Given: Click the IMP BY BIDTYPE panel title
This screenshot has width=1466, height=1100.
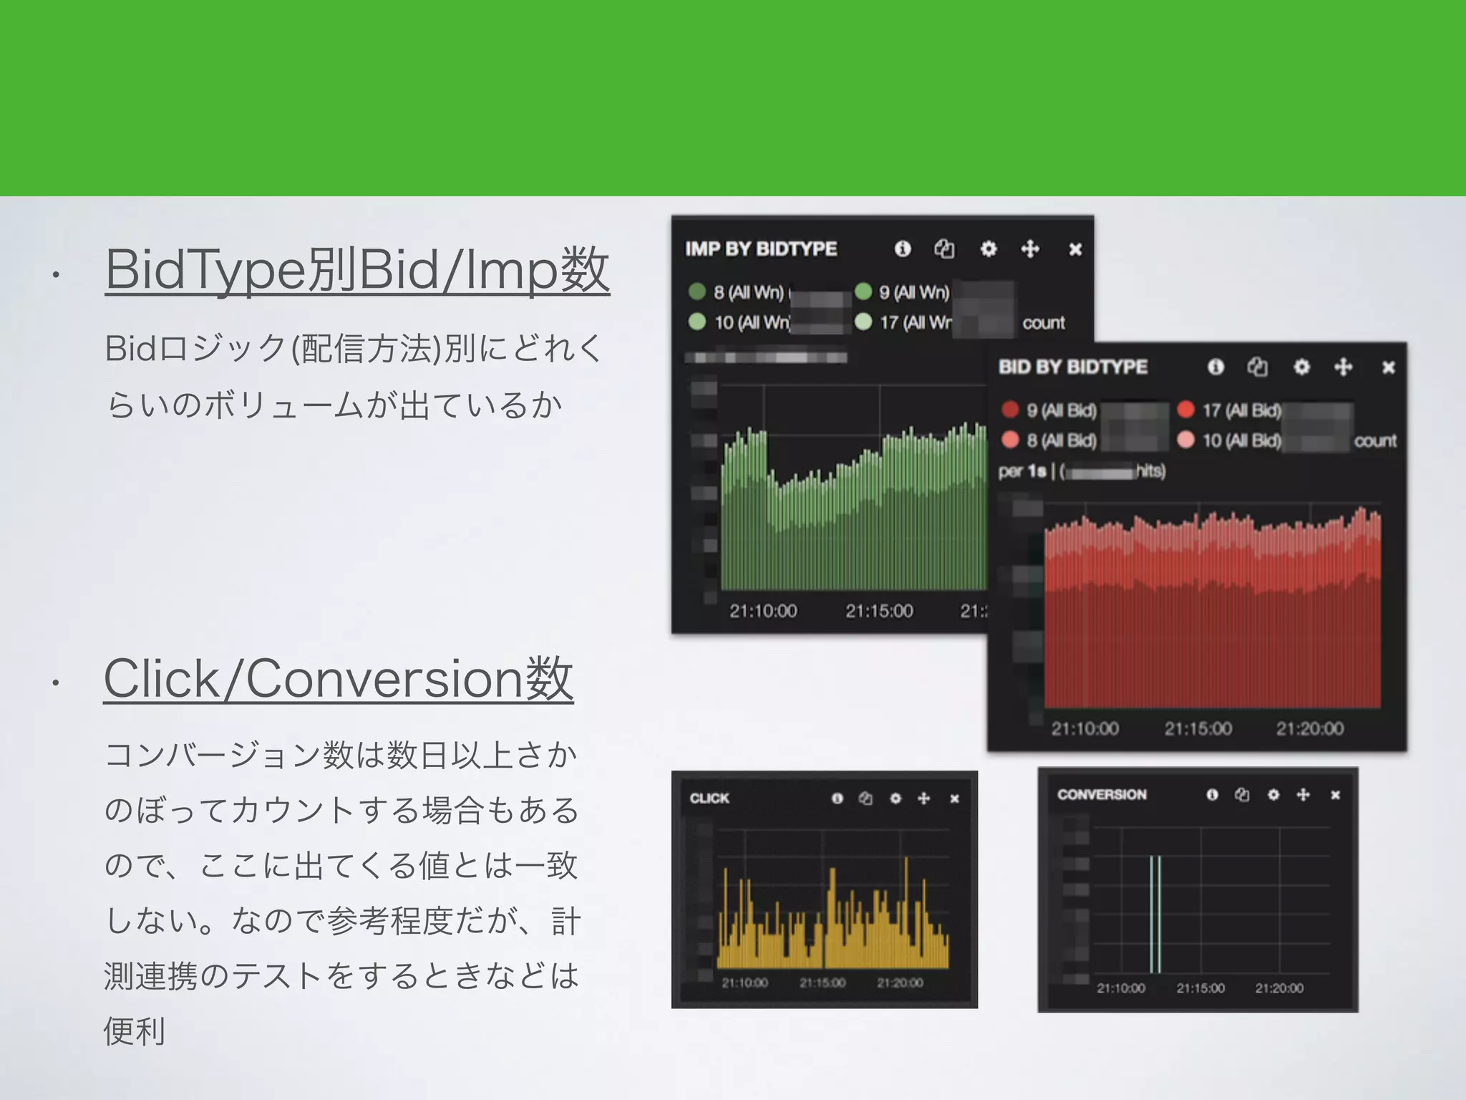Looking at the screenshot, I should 761,249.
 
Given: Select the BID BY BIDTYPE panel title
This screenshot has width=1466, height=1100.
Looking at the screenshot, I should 1073,367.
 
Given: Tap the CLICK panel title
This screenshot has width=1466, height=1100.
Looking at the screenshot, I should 709,798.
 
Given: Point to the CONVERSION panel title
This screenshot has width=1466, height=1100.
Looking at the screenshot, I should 1102,794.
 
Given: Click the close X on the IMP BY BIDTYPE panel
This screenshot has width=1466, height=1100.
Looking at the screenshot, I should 1075,249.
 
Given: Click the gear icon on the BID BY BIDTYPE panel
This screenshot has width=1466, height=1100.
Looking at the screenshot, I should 1301,367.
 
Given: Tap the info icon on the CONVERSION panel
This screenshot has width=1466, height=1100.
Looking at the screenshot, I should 1212,794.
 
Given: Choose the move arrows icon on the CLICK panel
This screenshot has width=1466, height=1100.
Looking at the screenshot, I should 924,798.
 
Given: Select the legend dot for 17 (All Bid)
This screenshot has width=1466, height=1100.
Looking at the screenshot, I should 1186,410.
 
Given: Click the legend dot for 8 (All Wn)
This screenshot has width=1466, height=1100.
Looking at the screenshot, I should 697,291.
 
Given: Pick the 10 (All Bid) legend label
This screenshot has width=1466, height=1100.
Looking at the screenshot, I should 1242,440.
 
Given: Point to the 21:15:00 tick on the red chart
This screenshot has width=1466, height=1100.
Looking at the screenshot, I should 1198,728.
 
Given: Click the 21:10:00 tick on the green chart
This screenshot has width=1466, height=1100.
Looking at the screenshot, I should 763,611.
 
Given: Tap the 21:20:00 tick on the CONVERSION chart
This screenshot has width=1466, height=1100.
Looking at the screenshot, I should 1279,988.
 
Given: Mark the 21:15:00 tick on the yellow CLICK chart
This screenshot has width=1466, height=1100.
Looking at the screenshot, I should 822,983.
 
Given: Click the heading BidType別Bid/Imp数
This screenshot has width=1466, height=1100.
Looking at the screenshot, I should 357,270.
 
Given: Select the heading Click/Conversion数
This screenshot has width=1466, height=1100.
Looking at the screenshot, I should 339,679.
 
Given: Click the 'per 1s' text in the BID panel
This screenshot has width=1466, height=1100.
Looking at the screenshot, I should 1021,471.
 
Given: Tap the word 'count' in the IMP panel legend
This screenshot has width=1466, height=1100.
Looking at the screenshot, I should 1044,323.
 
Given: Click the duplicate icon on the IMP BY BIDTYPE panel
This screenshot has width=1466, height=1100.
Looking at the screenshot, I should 944,249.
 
